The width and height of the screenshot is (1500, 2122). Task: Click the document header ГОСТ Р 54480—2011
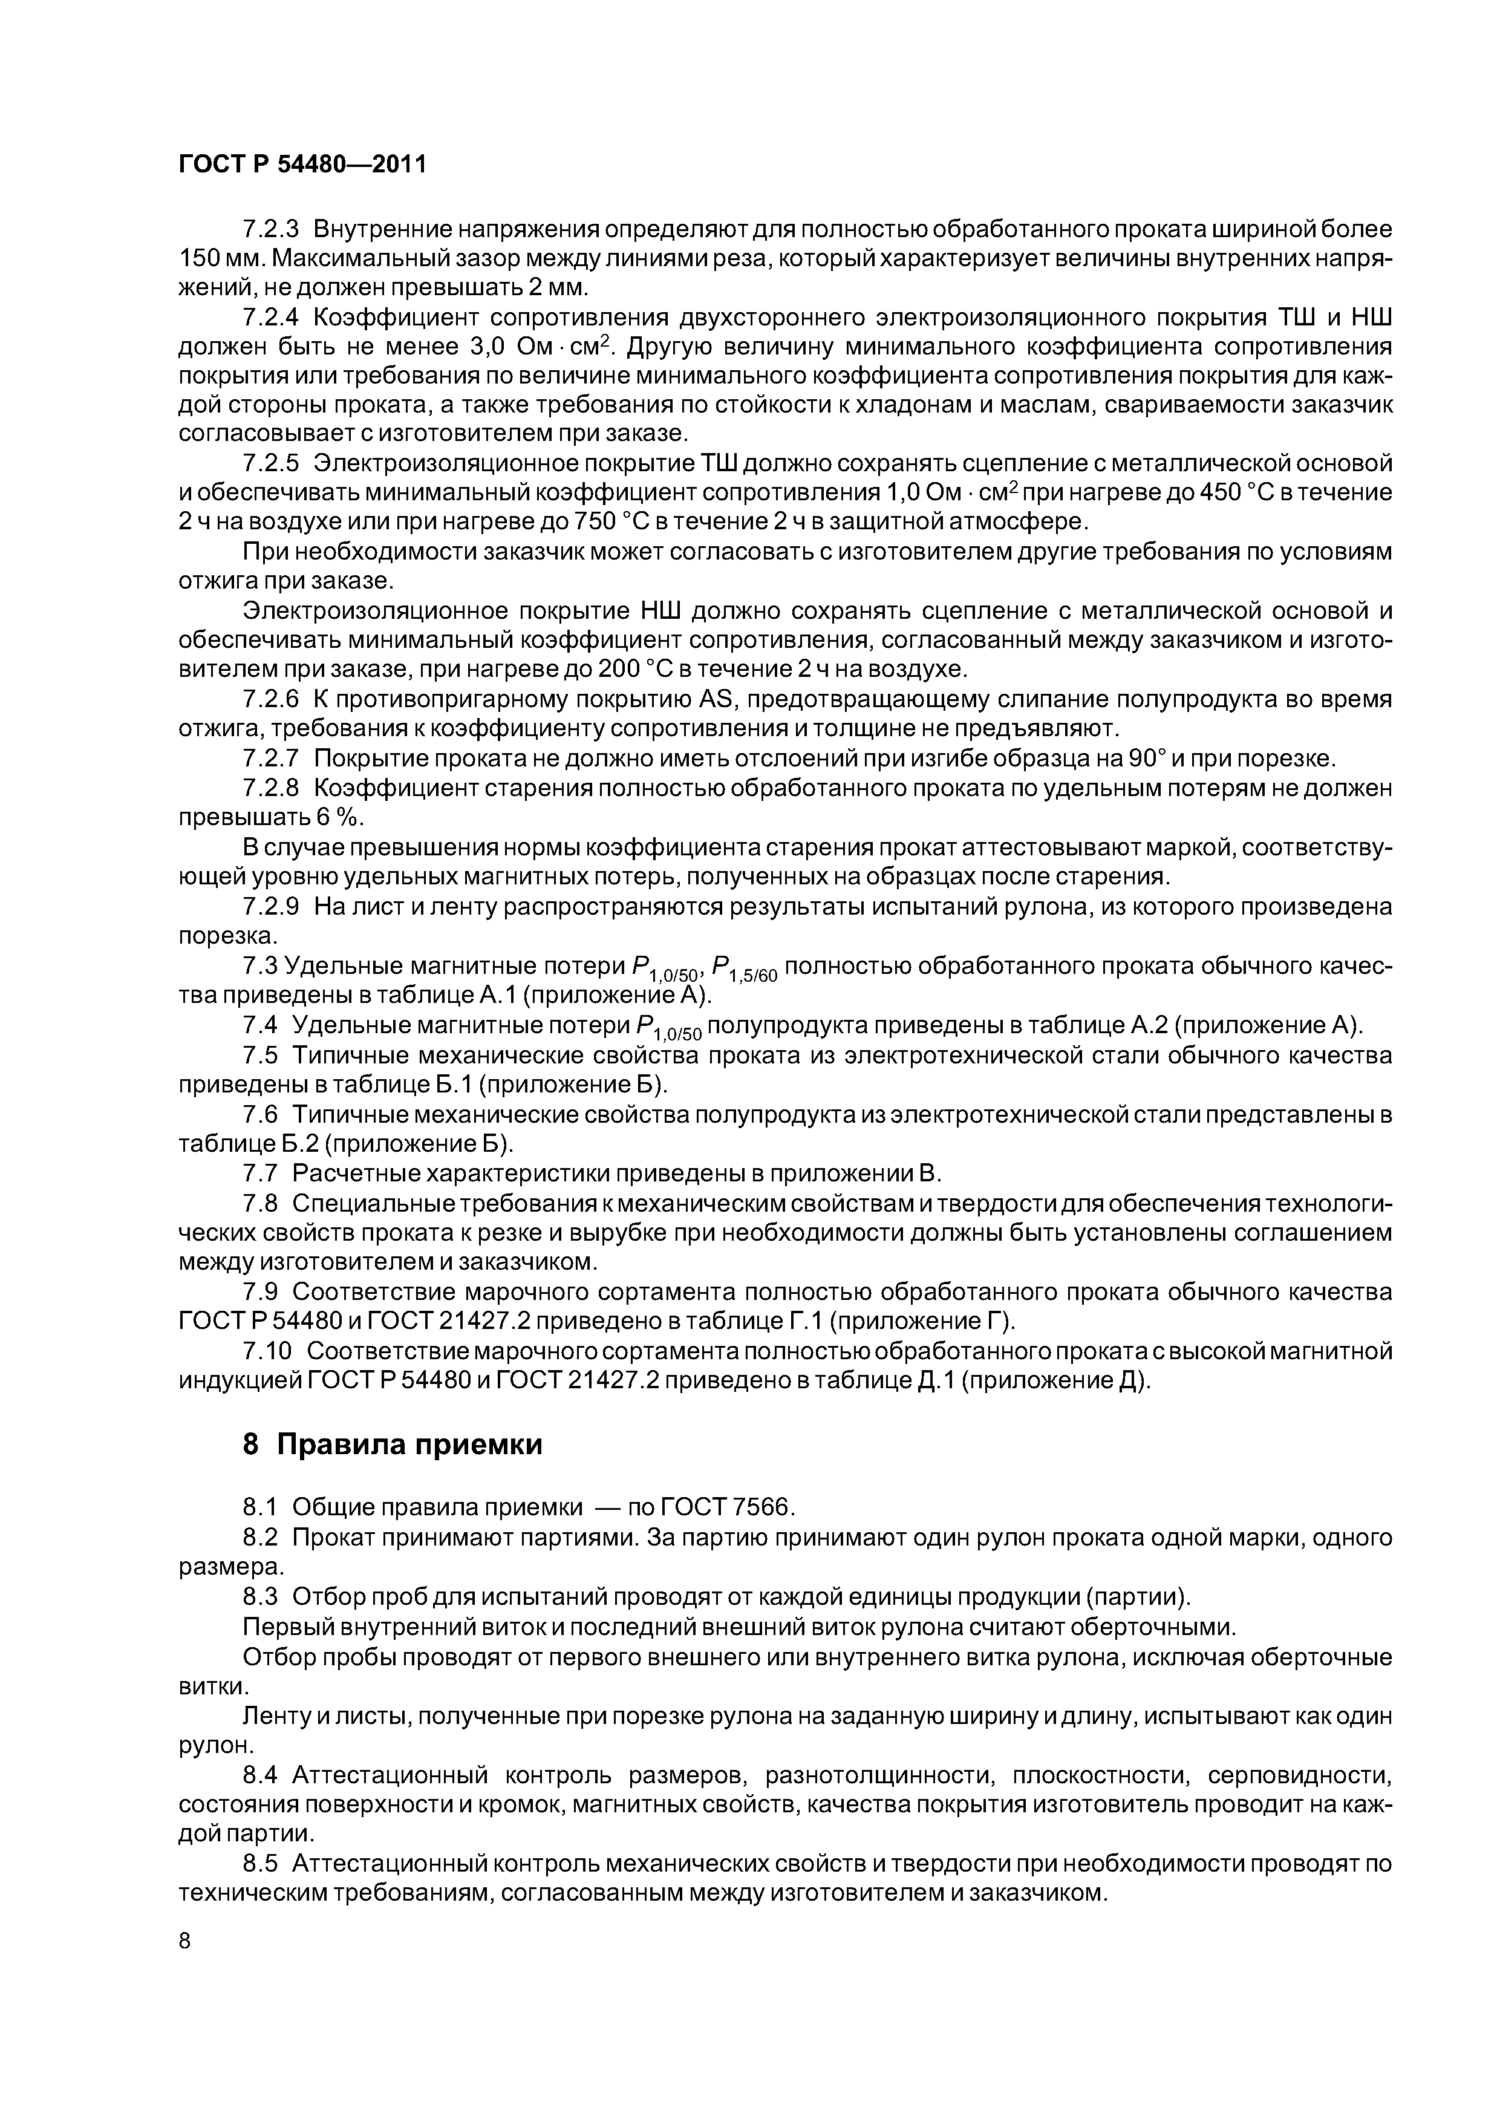(302, 165)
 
